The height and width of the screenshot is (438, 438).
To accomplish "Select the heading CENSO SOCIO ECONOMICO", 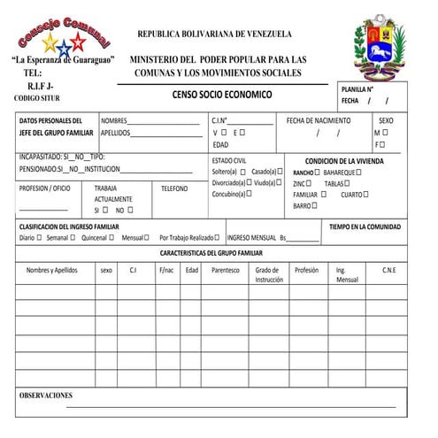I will (222, 95).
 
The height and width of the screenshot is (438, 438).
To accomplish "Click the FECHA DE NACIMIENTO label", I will (319, 119).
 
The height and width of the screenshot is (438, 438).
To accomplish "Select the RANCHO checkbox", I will (319, 172).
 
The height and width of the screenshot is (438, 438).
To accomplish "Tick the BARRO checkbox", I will (315, 206).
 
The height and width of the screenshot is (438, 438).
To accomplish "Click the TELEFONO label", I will (174, 188).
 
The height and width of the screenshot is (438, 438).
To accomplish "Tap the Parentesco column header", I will (225, 270).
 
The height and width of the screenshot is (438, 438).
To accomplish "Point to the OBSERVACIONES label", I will (46, 396).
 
